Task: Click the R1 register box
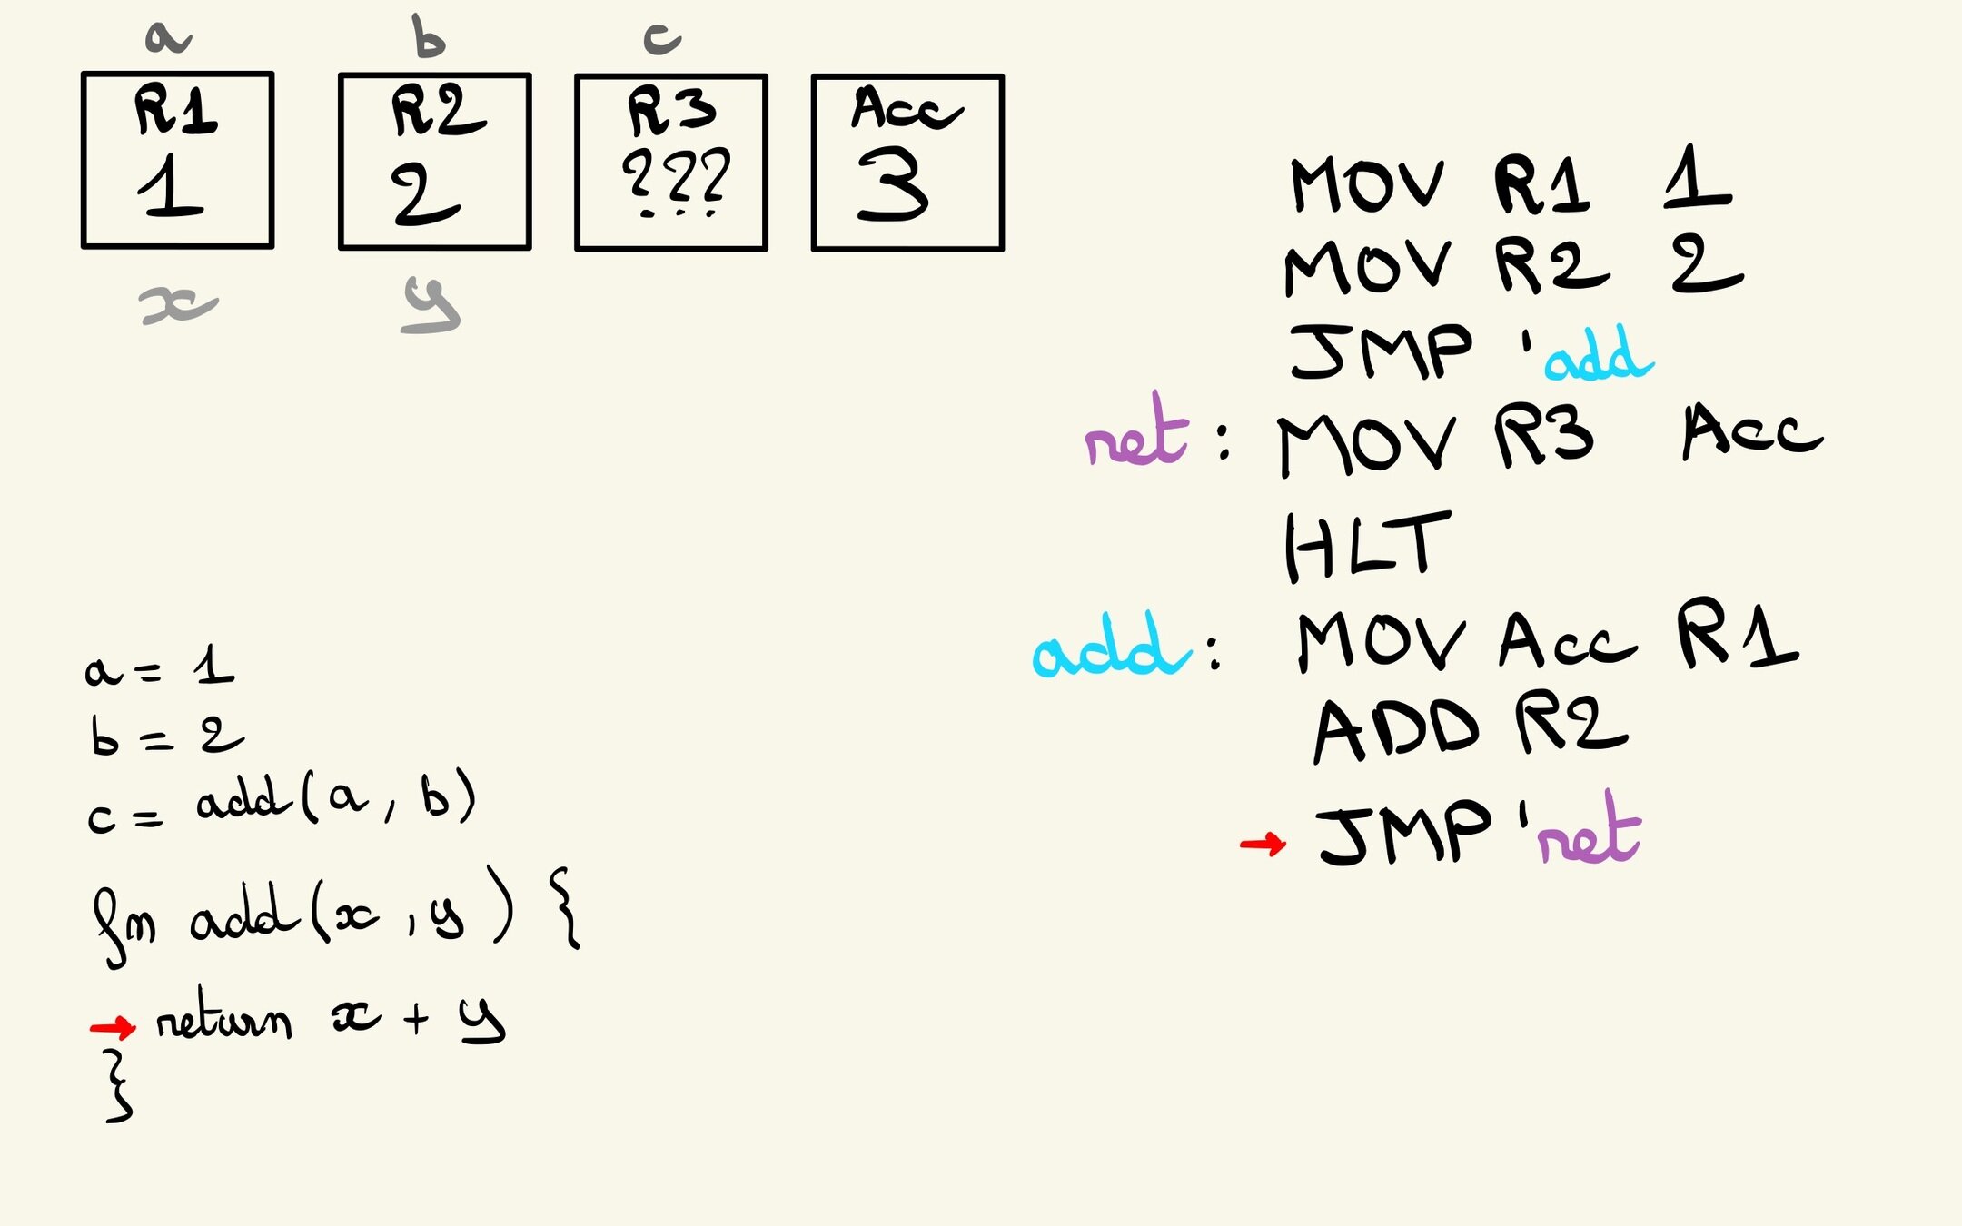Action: (x=177, y=160)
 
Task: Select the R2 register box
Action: (x=434, y=161)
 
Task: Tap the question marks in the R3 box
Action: (x=676, y=180)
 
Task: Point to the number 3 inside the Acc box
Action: (x=892, y=185)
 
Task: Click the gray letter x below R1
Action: (x=178, y=305)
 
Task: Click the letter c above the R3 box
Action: (x=661, y=38)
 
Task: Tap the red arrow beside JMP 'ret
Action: (x=1263, y=845)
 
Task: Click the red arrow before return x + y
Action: (x=113, y=1027)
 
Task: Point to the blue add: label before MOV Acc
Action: (x=1112, y=647)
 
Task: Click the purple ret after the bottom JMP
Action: (x=1590, y=832)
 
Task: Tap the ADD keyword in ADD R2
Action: (x=1397, y=730)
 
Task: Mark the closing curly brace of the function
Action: (x=118, y=1086)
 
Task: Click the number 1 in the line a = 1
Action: (x=214, y=667)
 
